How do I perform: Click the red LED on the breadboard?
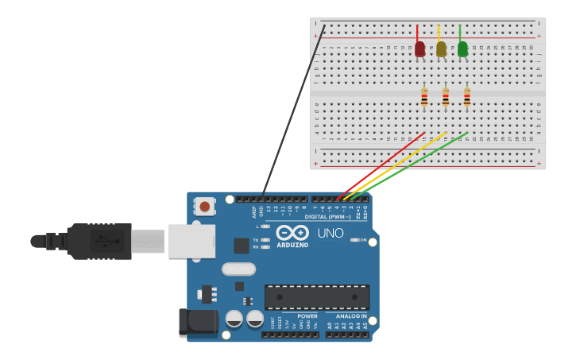419,49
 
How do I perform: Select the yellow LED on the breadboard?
441,49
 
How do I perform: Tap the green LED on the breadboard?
462,49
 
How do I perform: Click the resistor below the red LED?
424,97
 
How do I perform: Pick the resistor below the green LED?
467,97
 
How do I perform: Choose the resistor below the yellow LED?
446,97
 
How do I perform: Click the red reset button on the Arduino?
205,207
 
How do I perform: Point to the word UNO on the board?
331,233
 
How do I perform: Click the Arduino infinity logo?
293,232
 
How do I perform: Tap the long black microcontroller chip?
316,296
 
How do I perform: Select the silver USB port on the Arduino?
191,241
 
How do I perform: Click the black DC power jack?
198,322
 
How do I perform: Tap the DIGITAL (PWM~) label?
327,217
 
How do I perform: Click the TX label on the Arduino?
256,240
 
